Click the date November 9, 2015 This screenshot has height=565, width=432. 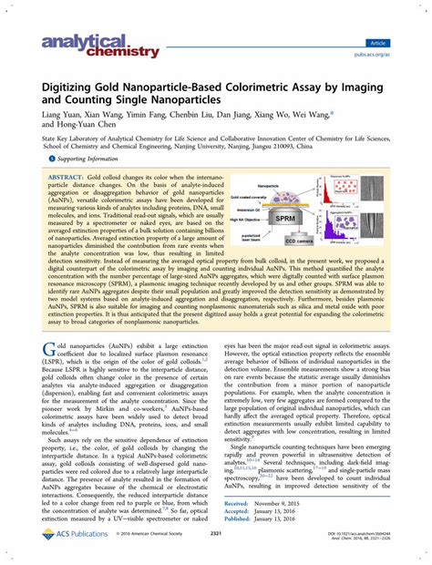pos(300,503)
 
